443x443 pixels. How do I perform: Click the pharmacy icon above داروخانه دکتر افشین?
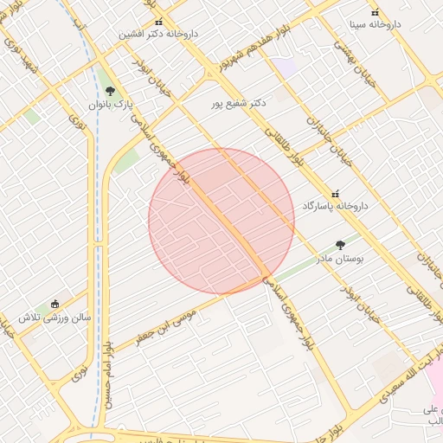tap(157, 22)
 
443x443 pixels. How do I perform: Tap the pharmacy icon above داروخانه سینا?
tap(375, 12)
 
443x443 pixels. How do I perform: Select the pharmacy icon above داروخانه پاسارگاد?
tap(336, 193)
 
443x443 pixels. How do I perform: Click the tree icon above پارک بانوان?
tap(109, 91)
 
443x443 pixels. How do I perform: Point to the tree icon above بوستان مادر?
tap(340, 246)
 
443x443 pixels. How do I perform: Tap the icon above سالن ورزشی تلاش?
tap(55, 304)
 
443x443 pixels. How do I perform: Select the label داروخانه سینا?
tap(375, 24)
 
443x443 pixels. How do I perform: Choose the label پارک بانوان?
tap(109, 104)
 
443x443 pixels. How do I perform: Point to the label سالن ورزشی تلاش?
tap(55, 317)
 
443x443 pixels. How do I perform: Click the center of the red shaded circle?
tap(221, 221)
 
